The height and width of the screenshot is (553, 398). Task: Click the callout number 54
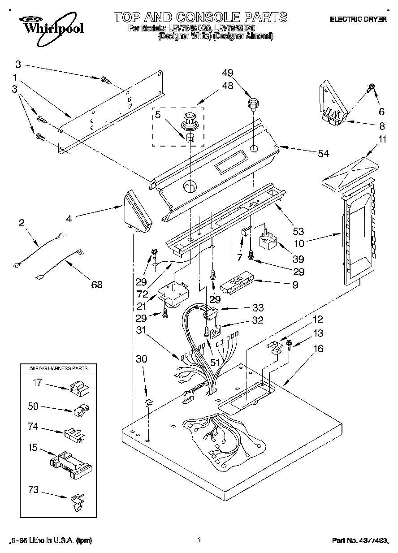click(x=322, y=154)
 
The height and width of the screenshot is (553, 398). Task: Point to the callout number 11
click(x=381, y=139)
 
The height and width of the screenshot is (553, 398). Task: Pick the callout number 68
click(x=96, y=284)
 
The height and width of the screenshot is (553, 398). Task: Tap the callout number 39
click(x=298, y=259)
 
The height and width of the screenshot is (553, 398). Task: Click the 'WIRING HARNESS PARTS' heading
click(x=58, y=368)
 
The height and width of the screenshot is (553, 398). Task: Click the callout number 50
click(x=33, y=407)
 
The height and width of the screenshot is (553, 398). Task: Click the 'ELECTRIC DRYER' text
click(x=358, y=20)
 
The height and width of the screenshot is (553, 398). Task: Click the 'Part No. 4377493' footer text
click(x=360, y=541)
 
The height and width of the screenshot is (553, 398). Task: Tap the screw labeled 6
click(x=371, y=88)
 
